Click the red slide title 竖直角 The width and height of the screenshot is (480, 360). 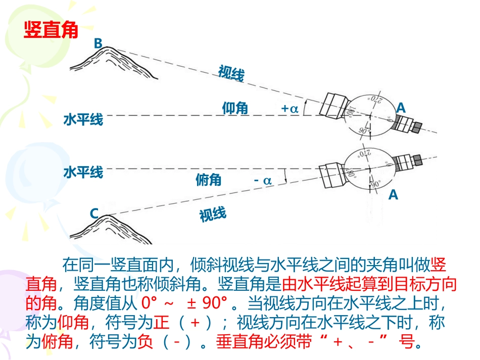tap(51, 30)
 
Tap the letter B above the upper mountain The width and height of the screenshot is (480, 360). tap(98, 44)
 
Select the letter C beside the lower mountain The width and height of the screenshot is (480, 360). tap(94, 214)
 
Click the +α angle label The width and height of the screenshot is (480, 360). tap(290, 108)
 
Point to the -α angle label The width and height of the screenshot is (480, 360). tap(263, 179)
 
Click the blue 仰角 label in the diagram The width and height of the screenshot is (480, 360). tap(235, 108)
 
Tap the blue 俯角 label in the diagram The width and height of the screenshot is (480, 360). tap(209, 179)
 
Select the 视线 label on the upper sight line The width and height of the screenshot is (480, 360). tap(231, 74)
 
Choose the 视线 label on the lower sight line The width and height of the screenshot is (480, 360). tap(213, 215)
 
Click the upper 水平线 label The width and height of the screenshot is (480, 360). tap(83, 120)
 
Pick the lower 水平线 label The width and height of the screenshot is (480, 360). tap(83, 173)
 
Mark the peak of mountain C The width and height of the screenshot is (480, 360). tap(108, 217)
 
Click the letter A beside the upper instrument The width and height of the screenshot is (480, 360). tap(401, 108)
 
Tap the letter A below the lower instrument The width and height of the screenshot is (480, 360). tap(393, 194)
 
